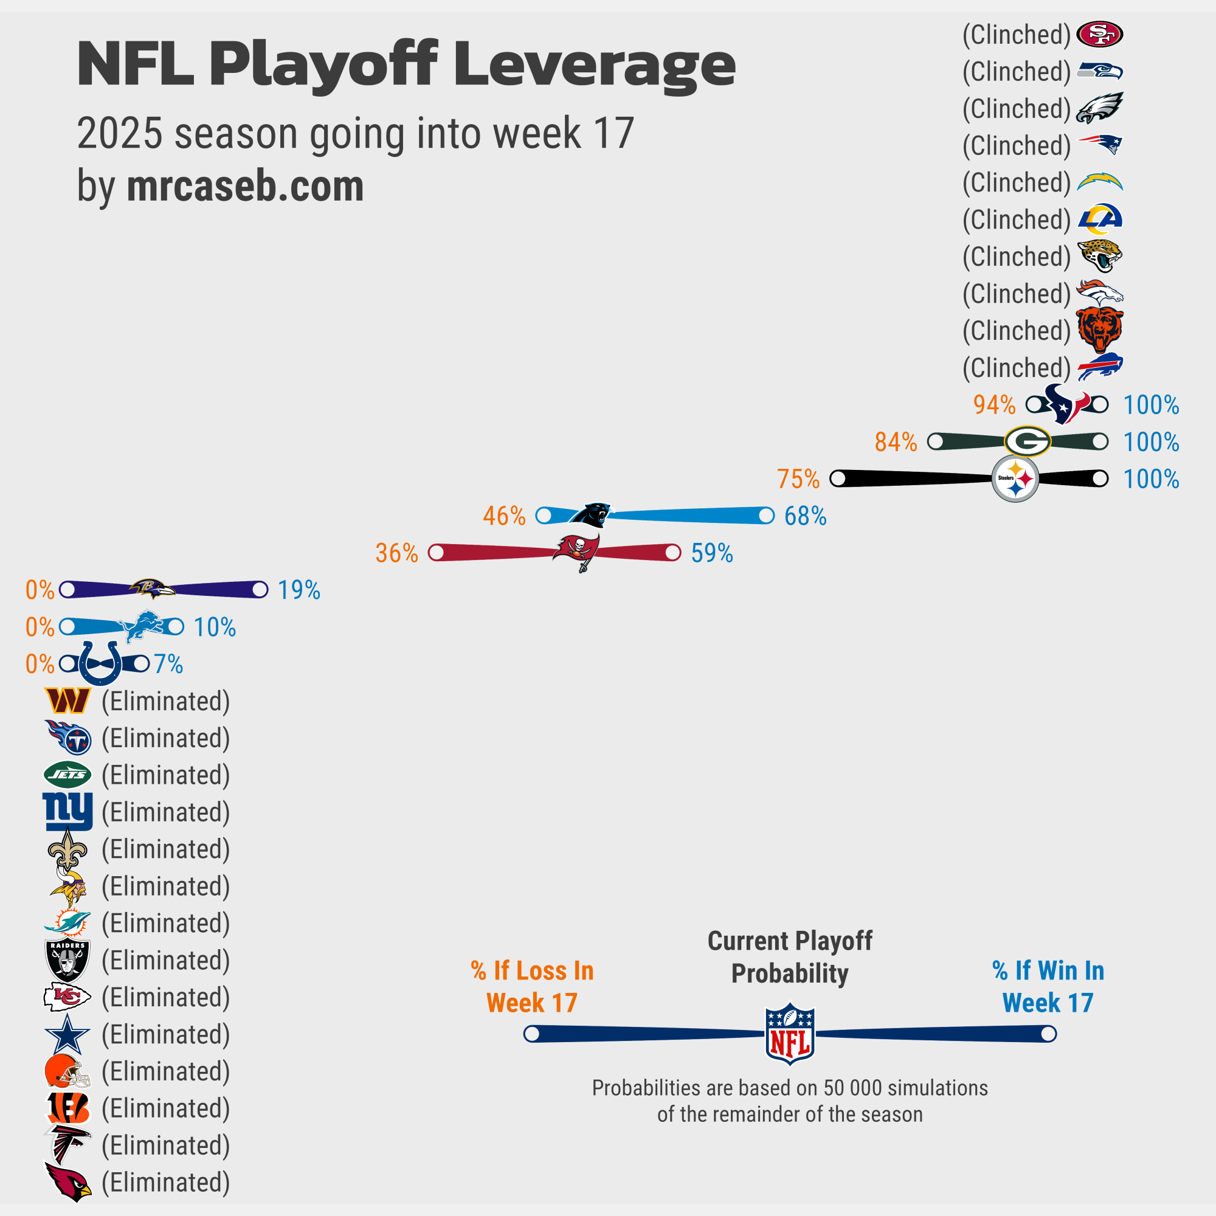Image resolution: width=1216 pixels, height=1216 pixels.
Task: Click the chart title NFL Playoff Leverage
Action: (406, 64)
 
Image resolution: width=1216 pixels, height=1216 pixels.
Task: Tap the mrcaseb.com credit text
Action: (245, 186)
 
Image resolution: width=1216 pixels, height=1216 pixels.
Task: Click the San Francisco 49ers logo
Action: (1099, 34)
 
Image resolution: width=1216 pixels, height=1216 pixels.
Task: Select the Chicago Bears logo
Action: (1099, 330)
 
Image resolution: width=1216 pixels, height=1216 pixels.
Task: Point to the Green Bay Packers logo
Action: (1027, 441)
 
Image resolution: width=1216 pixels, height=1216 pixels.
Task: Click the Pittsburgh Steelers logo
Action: (1015, 479)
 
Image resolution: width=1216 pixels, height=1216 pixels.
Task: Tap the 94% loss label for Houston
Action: (995, 405)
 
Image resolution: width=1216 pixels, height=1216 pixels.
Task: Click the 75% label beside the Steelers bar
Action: (798, 479)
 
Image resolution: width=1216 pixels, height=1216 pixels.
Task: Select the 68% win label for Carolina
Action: (805, 516)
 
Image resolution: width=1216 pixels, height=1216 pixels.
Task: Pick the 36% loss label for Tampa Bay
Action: (396, 553)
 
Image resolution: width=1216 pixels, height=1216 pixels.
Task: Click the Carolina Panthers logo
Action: (590, 515)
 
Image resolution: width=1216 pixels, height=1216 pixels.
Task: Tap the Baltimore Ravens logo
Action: (151, 589)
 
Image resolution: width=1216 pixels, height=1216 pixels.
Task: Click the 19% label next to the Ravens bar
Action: (299, 590)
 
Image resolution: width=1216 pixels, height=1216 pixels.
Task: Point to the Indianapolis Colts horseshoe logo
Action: (101, 663)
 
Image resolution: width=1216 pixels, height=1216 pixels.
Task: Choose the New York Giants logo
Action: (67, 811)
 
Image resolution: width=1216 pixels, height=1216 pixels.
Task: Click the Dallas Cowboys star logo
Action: (67, 1034)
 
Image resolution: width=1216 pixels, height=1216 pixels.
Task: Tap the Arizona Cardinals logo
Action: (68, 1182)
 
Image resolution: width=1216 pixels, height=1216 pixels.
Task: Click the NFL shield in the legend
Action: (789, 1034)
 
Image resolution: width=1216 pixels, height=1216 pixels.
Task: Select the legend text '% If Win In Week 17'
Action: (1048, 986)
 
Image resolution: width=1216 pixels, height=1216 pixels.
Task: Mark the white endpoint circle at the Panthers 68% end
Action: (766, 516)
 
